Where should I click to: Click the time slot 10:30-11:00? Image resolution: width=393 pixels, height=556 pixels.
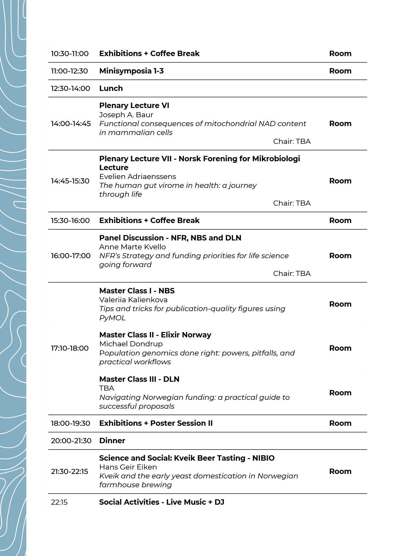click(70, 54)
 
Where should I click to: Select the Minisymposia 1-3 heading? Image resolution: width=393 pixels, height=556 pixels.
click(131, 71)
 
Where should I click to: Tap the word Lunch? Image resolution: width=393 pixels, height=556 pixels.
click(111, 88)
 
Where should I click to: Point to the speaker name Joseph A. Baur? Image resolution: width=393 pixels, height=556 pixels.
click(126, 115)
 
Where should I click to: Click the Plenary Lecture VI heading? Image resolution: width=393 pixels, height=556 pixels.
click(134, 105)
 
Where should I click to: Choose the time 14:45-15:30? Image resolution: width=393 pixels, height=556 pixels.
click(70, 181)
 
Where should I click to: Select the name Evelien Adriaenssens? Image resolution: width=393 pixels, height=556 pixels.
click(137, 176)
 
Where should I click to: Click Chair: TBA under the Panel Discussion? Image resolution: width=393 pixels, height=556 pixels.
click(292, 273)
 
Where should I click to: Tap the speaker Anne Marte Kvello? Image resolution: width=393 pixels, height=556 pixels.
click(132, 247)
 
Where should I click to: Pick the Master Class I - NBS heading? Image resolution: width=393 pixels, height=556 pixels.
click(137, 291)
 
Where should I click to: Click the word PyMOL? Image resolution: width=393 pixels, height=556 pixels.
click(112, 318)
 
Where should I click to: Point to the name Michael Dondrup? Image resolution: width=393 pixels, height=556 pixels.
click(131, 344)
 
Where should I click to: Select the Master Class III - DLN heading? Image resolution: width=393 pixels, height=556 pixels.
click(139, 379)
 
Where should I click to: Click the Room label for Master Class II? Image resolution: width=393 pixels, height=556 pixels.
click(340, 348)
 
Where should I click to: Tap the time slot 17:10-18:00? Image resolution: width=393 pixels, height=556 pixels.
click(70, 348)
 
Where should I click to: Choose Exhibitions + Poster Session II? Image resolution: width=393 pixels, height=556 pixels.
click(156, 423)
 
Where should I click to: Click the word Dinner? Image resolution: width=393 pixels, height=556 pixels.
click(112, 441)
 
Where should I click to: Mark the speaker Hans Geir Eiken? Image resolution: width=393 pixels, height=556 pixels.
click(128, 467)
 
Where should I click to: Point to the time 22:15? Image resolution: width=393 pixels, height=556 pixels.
click(59, 502)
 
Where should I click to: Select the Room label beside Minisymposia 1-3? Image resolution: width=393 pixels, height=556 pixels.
click(340, 71)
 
